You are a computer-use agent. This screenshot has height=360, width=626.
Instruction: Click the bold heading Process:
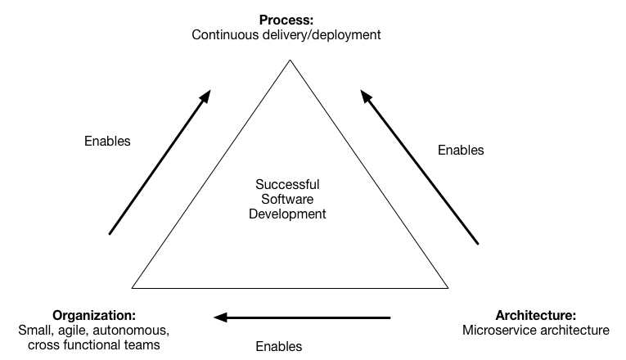[x=286, y=20]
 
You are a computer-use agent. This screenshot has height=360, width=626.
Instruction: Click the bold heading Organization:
[x=94, y=315]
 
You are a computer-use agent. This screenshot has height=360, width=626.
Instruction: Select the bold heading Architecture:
[x=536, y=315]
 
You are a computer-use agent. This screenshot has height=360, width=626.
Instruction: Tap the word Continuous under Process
[x=225, y=34]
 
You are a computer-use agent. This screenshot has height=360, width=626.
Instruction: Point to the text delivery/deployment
[x=322, y=35]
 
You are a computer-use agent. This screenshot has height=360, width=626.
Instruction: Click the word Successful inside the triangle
[x=287, y=184]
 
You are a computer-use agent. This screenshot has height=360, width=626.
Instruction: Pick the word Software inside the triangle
[x=287, y=199]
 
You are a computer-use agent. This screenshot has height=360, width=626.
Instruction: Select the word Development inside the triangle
[x=287, y=214]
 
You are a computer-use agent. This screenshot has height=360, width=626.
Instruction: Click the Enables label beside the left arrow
[x=107, y=141]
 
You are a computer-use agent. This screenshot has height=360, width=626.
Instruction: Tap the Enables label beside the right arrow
[x=461, y=150]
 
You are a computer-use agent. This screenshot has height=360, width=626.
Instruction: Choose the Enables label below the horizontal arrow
[x=279, y=346]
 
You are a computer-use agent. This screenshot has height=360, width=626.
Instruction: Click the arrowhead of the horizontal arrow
[x=220, y=317]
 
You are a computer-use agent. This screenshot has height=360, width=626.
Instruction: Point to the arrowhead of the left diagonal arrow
[x=206, y=96]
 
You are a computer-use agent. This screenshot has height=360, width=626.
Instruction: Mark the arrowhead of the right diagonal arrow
[x=365, y=96]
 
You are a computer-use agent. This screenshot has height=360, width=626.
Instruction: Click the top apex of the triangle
[x=290, y=60]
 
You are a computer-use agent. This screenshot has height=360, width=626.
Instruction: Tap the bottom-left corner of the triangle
[x=132, y=288]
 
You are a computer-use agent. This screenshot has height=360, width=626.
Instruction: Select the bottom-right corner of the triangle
[x=448, y=288]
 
